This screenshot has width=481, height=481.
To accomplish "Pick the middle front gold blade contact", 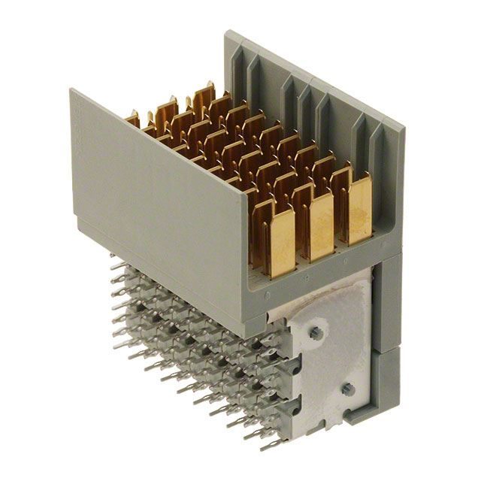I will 321,223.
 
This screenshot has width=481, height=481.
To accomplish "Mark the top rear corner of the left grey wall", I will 72,91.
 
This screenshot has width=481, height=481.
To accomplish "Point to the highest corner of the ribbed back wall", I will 227,32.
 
